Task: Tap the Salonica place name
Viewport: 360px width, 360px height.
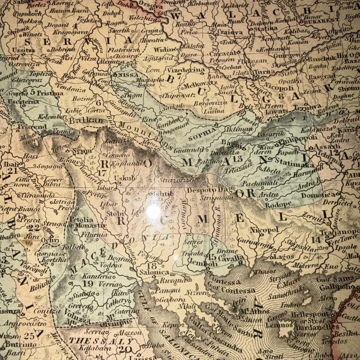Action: pyautogui.click(x=151, y=273)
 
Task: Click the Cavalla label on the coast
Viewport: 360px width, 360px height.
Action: pyautogui.click(x=231, y=258)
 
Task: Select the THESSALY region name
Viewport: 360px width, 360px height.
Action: pyautogui.click(x=100, y=342)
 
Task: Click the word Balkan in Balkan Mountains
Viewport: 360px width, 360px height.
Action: pyautogui.click(x=86, y=121)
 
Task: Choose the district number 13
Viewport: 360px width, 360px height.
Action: pyautogui.click(x=237, y=159)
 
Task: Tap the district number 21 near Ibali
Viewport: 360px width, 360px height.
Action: pyautogui.click(x=13, y=171)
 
